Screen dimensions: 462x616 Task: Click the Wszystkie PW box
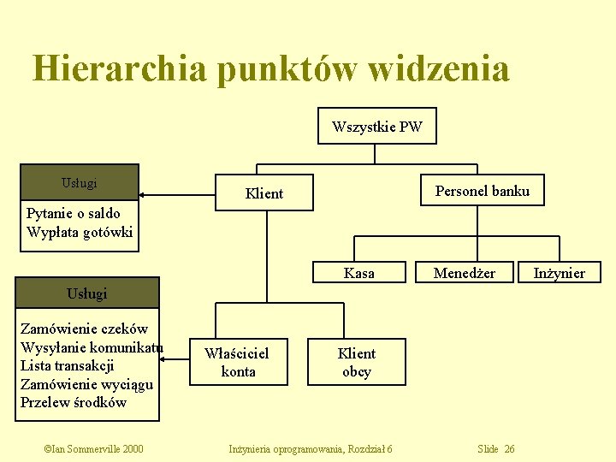(x=376, y=127)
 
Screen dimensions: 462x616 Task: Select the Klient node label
(x=264, y=193)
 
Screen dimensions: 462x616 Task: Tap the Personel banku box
(x=482, y=191)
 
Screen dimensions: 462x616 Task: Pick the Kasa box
(x=358, y=273)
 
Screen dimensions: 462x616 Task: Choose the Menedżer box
(x=464, y=273)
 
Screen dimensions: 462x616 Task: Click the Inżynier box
(x=559, y=273)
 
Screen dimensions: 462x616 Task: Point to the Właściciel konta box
(x=237, y=362)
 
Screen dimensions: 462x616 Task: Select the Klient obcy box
(x=356, y=362)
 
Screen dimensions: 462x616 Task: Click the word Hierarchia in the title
(x=119, y=68)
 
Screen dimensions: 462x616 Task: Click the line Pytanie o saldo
(x=74, y=213)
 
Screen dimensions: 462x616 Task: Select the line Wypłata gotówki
(x=80, y=232)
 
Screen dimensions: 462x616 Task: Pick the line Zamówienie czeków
(x=84, y=329)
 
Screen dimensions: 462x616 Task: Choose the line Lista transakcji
(x=67, y=365)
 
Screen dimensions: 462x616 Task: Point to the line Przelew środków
(x=74, y=402)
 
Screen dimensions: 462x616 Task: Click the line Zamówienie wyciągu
(x=86, y=384)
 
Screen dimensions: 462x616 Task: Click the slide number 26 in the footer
(x=509, y=449)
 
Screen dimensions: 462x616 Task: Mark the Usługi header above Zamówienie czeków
(x=87, y=293)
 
